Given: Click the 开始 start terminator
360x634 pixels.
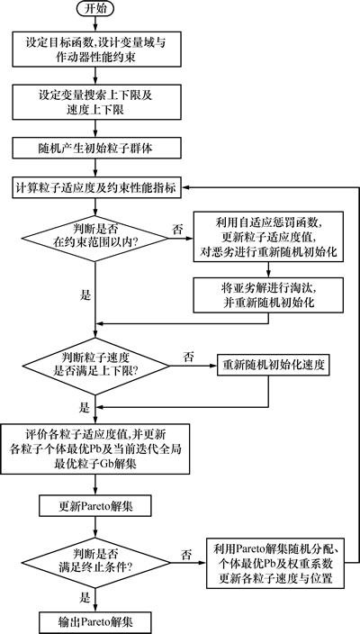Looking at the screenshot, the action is (95, 9).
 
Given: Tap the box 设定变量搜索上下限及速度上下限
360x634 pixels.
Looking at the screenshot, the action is (95, 102).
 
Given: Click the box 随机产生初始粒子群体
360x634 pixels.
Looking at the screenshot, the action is (95, 148).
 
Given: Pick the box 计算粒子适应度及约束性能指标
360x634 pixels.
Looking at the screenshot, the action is (95, 188).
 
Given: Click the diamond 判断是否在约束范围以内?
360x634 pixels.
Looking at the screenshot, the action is (94, 238).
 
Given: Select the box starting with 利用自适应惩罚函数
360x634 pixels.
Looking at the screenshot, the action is (268, 237).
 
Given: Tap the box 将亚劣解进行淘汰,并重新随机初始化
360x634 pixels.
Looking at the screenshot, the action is (268, 294).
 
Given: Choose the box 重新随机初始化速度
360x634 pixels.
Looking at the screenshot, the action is (274, 366).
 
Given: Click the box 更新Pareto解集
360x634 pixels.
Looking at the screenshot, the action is (94, 506).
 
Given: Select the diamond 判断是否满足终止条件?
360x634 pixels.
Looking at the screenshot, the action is (95, 562).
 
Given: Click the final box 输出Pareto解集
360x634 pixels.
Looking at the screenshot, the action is (94, 622).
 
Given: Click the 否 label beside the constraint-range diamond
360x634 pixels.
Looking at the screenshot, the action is (177, 230).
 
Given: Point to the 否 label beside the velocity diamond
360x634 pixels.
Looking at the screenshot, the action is (188, 357).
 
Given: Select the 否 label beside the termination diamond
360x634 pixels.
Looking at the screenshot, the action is (186, 554).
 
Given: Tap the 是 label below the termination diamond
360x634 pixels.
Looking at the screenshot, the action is (85, 598).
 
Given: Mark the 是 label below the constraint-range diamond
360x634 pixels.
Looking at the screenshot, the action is (85, 295).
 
